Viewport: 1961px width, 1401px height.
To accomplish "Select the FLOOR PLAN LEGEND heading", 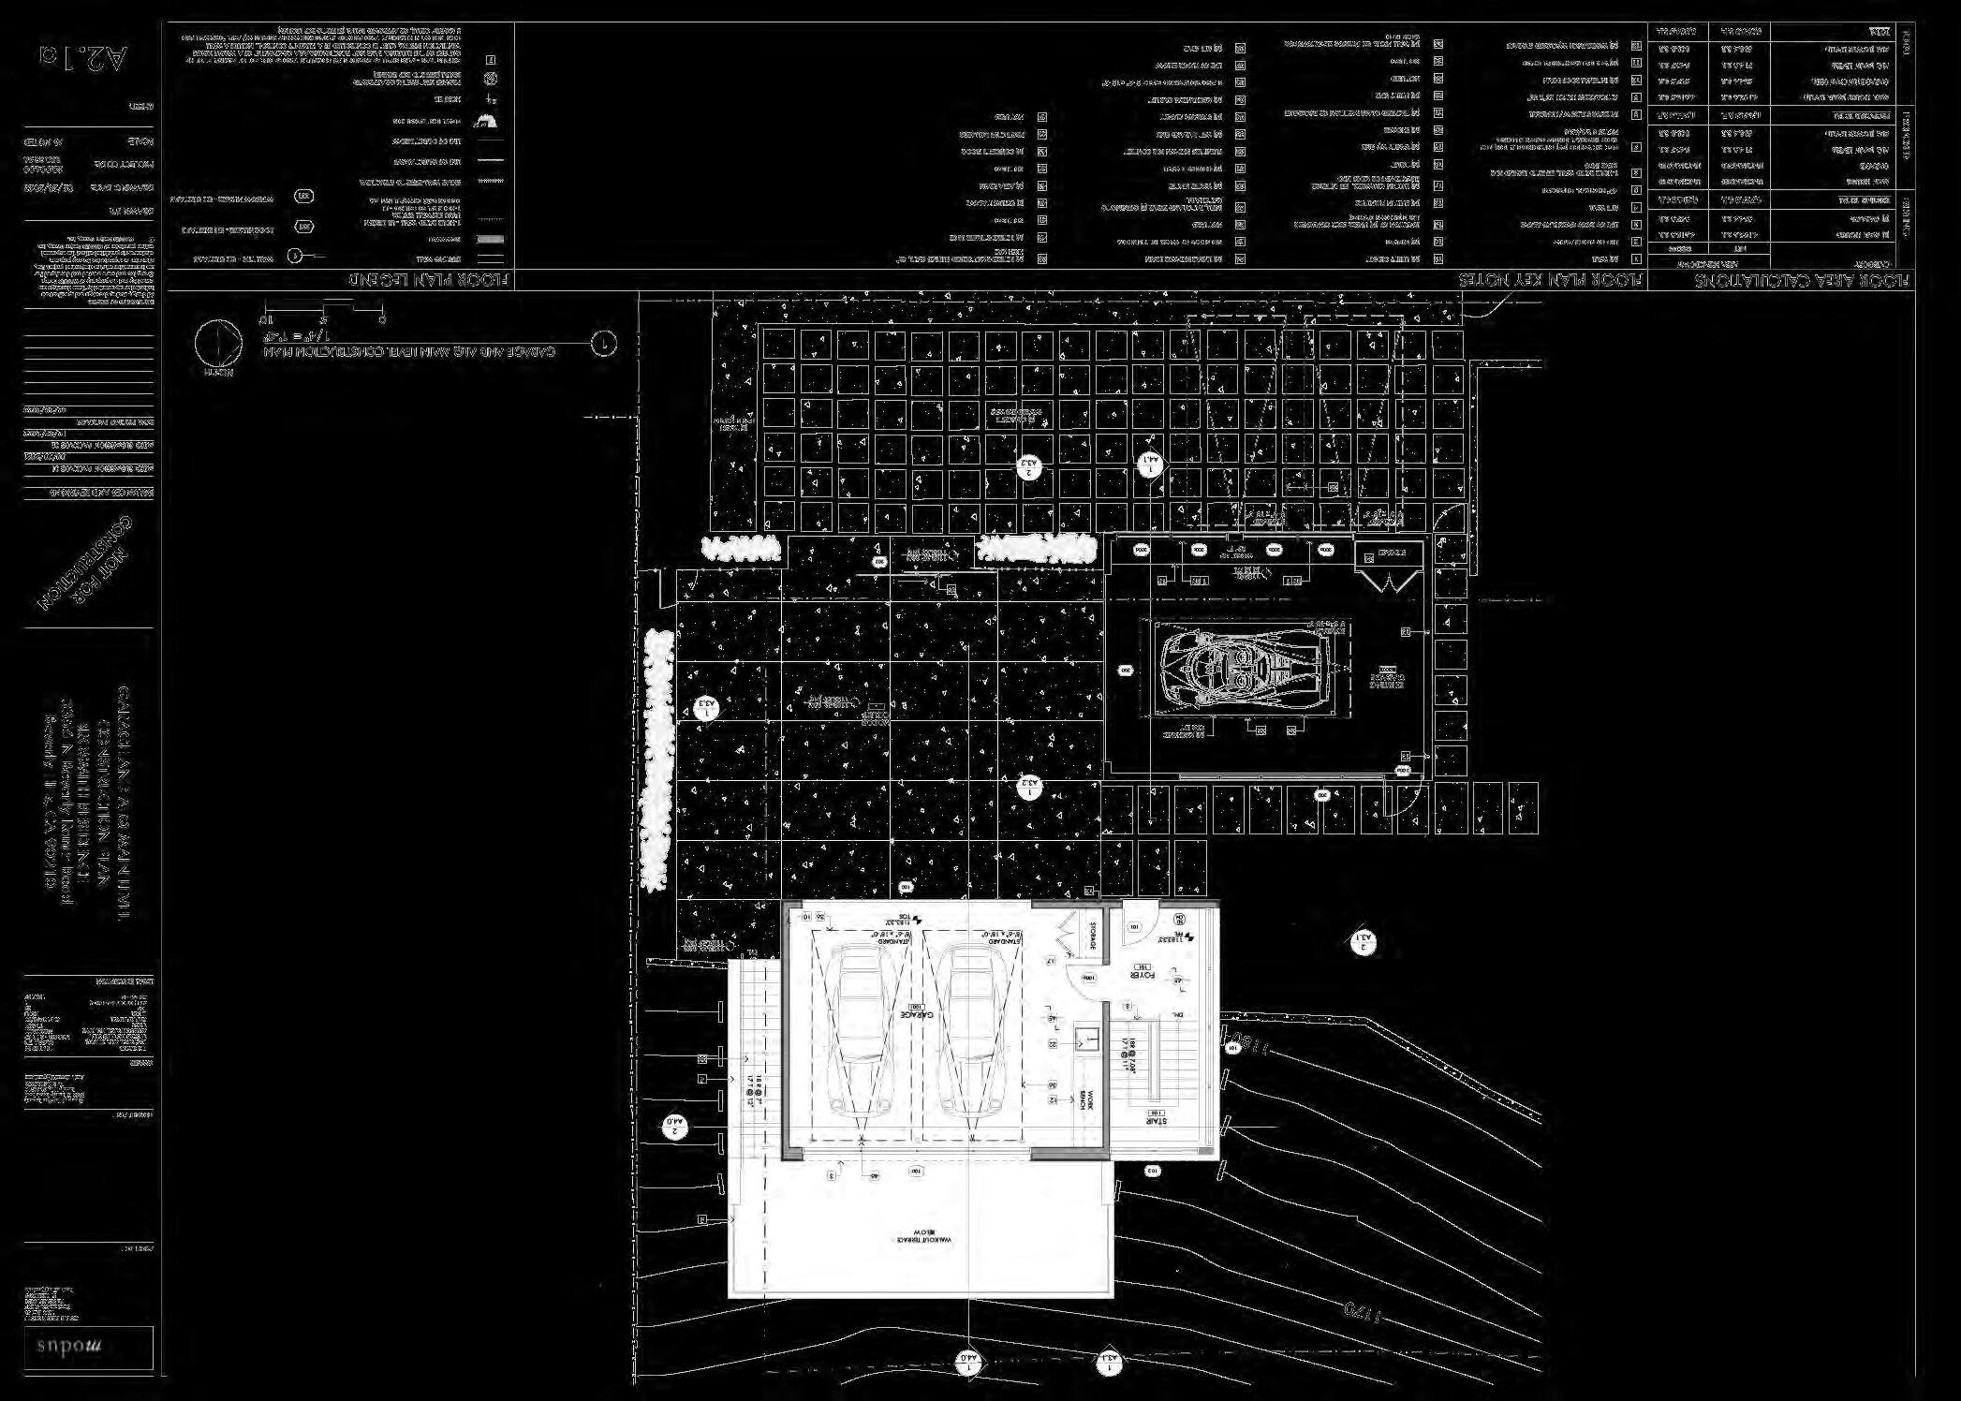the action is pos(432,280).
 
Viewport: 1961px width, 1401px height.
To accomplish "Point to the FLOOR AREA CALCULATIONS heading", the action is pos(1804,280).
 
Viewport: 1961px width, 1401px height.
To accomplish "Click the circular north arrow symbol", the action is pos(217,343).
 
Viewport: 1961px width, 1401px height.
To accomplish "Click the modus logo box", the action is pos(88,1348).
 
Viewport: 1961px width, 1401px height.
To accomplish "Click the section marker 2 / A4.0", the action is pos(675,1128).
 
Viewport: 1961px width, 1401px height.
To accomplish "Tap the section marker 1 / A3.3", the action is pos(707,709).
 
